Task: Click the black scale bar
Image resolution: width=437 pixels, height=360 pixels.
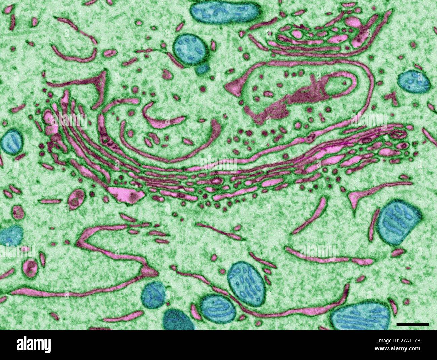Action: point(412,324)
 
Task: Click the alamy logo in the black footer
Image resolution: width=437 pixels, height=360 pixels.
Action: point(33,345)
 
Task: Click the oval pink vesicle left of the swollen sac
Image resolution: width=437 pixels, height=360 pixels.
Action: point(77,198)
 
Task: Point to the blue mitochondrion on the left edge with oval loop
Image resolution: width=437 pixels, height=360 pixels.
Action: point(12,141)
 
